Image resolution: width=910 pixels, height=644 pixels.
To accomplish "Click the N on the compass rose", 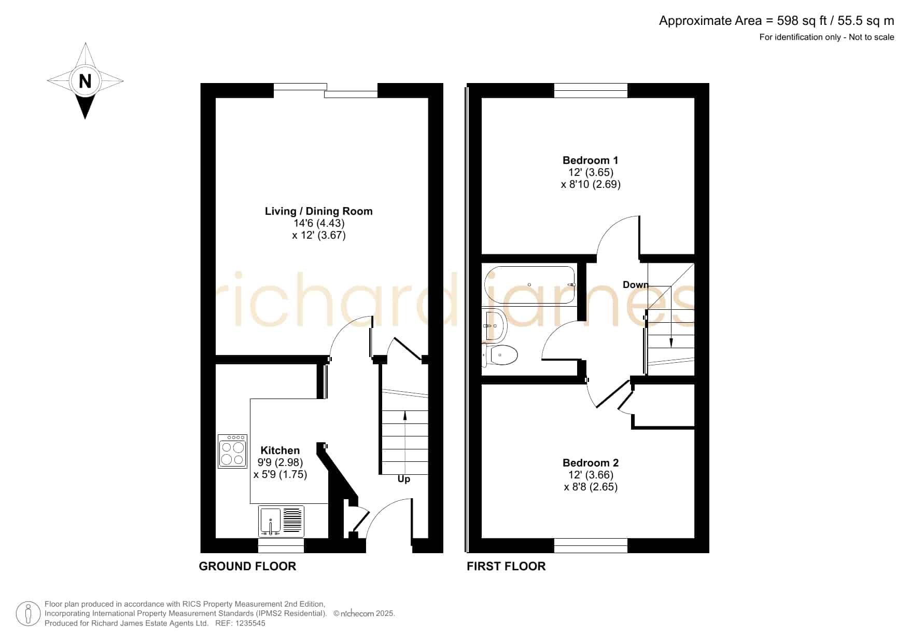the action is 85,81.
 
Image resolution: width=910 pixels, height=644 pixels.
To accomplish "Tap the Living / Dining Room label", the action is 318,211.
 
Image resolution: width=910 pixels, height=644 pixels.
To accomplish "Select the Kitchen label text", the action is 280,450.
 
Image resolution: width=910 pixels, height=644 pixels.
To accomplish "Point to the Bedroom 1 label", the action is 590,160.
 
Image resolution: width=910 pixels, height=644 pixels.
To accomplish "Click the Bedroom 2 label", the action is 591,463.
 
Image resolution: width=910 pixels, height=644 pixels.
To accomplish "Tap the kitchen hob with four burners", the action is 232,451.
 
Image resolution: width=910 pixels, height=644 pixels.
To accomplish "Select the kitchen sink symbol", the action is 281,521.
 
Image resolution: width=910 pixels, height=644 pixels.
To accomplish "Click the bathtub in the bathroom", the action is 529,285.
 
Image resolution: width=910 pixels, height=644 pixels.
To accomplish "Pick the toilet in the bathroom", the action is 500,355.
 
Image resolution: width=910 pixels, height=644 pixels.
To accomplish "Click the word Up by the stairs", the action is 404,479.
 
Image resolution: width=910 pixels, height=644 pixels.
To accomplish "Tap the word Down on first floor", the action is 636,284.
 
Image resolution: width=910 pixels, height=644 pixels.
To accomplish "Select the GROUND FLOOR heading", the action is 247,566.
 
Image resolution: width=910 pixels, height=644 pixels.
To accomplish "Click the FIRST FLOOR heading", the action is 506,566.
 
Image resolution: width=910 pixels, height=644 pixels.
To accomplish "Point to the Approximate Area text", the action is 777,21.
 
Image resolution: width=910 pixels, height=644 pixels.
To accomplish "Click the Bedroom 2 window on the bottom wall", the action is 591,545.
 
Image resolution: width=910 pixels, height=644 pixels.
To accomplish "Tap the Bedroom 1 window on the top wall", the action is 591,90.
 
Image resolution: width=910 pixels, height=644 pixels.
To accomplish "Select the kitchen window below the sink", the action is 281,545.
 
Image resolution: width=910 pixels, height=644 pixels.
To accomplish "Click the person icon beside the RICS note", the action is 28,614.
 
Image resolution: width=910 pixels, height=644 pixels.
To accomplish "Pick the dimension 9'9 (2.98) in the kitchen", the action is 280,462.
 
